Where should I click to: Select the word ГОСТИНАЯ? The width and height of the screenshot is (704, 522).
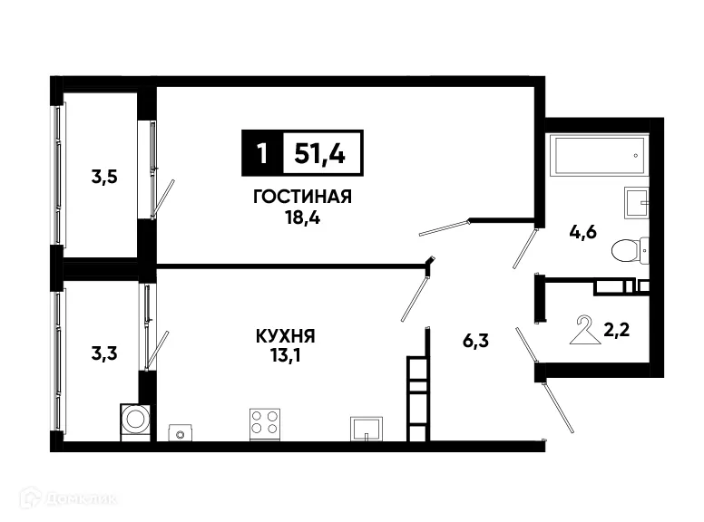pyautogui.click(x=303, y=198)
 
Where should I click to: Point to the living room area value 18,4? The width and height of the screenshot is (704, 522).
pyautogui.click(x=303, y=217)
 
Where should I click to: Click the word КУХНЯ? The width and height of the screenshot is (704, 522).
pyautogui.click(x=286, y=337)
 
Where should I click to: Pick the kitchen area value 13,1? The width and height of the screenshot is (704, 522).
pyautogui.click(x=286, y=357)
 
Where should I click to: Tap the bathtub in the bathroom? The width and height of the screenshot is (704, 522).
pyautogui.click(x=600, y=159)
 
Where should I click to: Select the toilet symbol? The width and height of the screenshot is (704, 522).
pyautogui.click(x=629, y=247)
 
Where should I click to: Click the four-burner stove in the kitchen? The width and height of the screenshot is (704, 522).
pyautogui.click(x=265, y=422)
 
